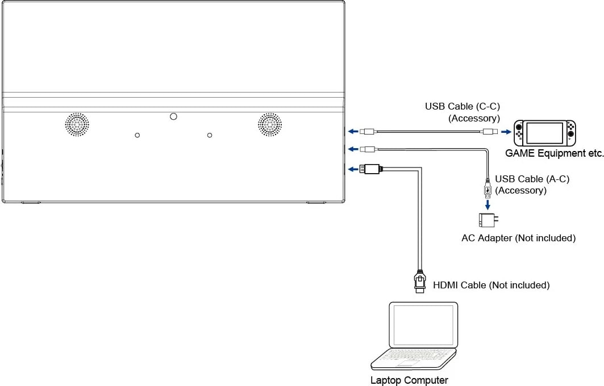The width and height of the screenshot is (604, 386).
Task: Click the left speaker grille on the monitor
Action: pyautogui.click(x=76, y=124)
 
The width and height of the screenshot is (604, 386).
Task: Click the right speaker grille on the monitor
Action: pyautogui.click(x=270, y=124)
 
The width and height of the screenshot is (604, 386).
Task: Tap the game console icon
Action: pyautogui.click(x=544, y=133)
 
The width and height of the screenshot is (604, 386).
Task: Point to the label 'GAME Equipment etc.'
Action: pyautogui.click(x=554, y=153)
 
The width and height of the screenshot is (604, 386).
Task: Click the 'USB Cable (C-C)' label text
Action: pyautogui.click(x=462, y=106)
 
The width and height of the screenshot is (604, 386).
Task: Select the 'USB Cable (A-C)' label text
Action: pyautogui.click(x=532, y=179)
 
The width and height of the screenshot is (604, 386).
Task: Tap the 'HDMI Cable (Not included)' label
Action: pyautogui.click(x=491, y=285)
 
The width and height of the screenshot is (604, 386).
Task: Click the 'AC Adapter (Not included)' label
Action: pyautogui.click(x=518, y=238)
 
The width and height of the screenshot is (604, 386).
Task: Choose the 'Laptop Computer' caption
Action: pyautogui.click(x=409, y=380)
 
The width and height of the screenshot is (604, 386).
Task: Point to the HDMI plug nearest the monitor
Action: pyautogui.click(x=372, y=169)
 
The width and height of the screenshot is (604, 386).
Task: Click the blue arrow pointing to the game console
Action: pyautogui.click(x=505, y=132)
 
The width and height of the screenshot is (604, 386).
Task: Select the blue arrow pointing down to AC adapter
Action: pyautogui.click(x=487, y=203)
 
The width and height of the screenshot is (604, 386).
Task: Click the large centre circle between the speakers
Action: pyautogui.click(x=173, y=116)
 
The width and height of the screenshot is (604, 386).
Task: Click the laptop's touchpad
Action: pyautogui.click(x=408, y=362)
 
